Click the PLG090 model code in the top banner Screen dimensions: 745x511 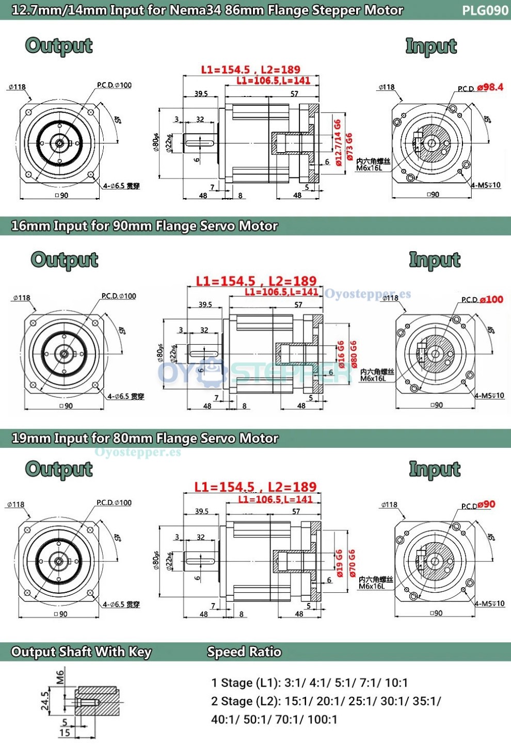coord(485,10)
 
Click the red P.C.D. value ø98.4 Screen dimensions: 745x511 coord(490,87)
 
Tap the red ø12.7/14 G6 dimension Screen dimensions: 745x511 coord(338,142)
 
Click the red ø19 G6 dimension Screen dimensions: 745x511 coord(340,563)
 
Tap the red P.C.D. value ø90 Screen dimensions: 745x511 coord(486,505)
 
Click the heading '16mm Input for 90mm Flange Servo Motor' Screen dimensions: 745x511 coord(145,226)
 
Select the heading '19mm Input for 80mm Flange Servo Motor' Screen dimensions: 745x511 coord(145,439)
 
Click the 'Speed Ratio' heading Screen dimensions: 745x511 coord(244,652)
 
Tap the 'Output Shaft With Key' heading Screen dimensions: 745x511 coord(81,652)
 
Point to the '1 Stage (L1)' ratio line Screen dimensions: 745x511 coord(309,683)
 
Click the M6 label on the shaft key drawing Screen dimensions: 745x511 coord(60,677)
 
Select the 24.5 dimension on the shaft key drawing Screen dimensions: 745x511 coord(45,701)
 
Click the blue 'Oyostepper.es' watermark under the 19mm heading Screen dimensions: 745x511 coord(138,452)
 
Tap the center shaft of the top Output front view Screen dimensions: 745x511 coord(59,143)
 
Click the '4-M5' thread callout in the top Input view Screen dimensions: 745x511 coord(485,185)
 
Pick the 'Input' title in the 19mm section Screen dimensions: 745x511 coord(434,469)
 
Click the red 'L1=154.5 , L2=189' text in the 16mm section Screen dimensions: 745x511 coord(256,281)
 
